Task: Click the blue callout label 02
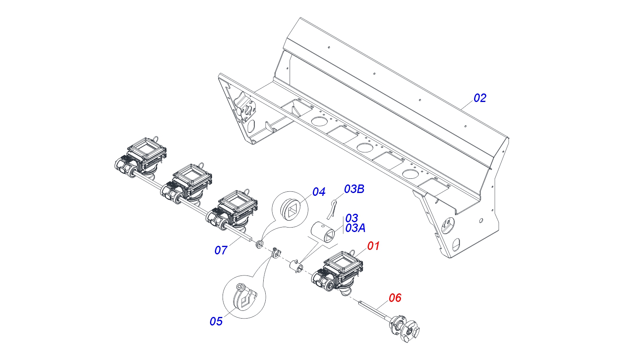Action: pos(480,98)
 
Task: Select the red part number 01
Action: pos(373,246)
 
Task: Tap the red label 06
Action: pos(395,298)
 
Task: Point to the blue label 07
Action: pos(221,250)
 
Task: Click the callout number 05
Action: pos(216,321)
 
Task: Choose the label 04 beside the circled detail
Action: pos(318,192)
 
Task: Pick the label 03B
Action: pos(354,189)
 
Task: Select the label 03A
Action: pos(355,228)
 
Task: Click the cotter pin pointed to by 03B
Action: pos(332,208)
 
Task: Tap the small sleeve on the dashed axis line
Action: pos(296,266)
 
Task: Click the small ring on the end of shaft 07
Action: pos(259,244)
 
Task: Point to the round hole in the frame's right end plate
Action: pos(481,221)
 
